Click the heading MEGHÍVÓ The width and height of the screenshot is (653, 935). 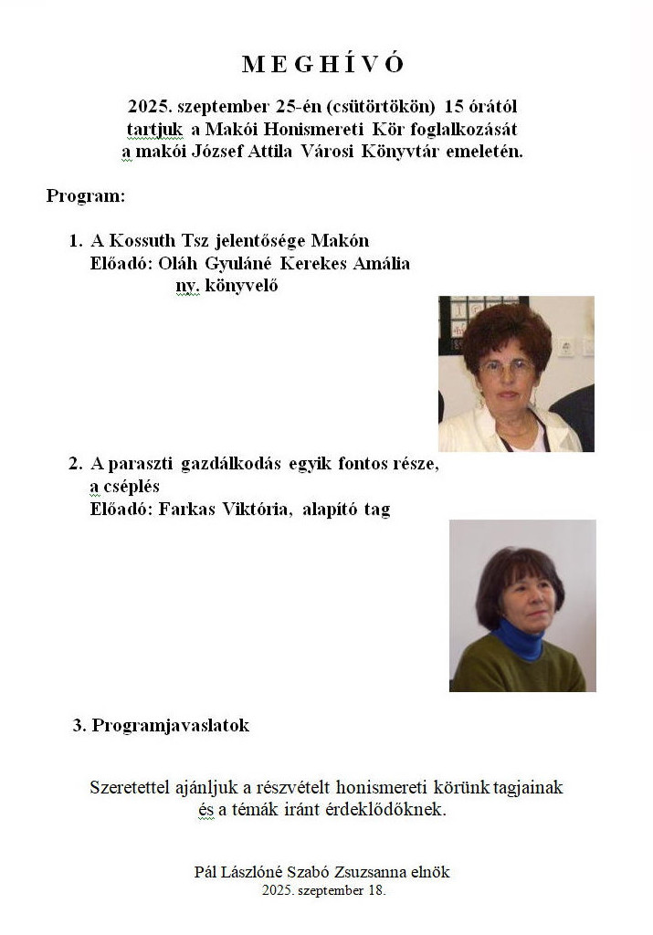click(322, 64)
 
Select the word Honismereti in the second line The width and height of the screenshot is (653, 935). click(305, 130)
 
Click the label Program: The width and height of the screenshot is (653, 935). click(85, 196)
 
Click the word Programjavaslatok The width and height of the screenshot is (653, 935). click(171, 726)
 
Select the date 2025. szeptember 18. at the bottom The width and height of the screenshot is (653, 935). click(323, 889)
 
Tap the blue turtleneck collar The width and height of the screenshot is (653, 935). click(519, 638)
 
